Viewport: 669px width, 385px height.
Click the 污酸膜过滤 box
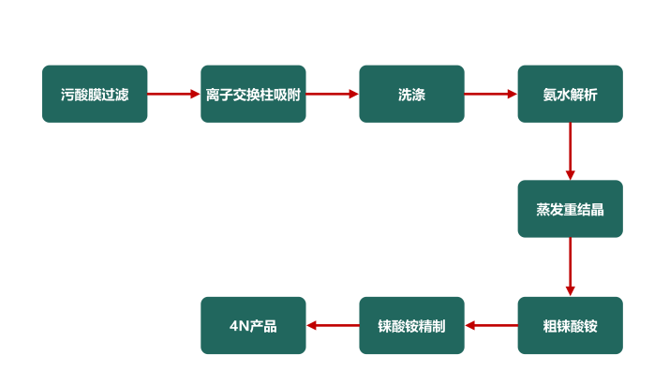pyautogui.click(x=94, y=94)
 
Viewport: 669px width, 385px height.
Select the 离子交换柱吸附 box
pyautogui.click(x=253, y=94)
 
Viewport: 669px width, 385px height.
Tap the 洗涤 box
pyautogui.click(x=411, y=94)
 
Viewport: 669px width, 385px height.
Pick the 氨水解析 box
pyautogui.click(x=570, y=94)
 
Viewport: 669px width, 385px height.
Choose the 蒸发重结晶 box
pyautogui.click(x=570, y=209)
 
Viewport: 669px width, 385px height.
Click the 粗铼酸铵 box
pyautogui.click(x=570, y=325)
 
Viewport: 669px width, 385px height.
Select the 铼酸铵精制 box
pyautogui.click(x=411, y=325)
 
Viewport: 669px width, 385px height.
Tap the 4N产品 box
pyautogui.click(x=253, y=325)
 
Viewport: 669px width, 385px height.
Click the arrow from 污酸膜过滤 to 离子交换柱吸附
pyautogui.click(x=173, y=94)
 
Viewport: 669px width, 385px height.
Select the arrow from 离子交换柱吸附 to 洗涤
pyautogui.click(x=332, y=94)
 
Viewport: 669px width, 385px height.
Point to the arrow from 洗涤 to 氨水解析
pyautogui.click(x=490, y=94)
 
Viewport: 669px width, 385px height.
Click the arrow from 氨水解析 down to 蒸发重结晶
pyautogui.click(x=570, y=150)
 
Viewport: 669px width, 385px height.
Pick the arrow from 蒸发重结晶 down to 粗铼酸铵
pyautogui.click(x=570, y=266)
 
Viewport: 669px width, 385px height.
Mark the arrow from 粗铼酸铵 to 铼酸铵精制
pyautogui.click(x=490, y=325)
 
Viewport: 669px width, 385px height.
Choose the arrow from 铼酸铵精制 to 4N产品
pyautogui.click(x=332, y=325)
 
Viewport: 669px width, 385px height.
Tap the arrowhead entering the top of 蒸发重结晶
pyautogui.click(x=570, y=174)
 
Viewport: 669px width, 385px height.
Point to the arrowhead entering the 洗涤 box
pyautogui.click(x=353, y=94)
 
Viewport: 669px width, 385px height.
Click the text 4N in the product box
pyautogui.click(x=238, y=326)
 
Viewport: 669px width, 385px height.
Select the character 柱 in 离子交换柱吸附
pyautogui.click(x=264, y=95)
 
